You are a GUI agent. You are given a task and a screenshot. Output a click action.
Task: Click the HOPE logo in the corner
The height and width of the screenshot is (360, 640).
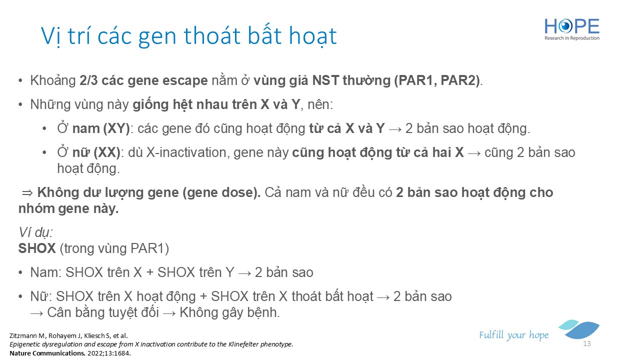571,29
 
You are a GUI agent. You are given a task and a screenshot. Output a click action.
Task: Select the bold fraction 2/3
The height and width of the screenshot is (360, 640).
88,80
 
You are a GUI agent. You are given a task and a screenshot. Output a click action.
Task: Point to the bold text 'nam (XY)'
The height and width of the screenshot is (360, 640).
101,128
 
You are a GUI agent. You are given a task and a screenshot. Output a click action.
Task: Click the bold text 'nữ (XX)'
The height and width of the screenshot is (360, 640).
96,152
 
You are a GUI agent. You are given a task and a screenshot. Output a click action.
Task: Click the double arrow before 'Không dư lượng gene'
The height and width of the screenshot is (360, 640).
27,193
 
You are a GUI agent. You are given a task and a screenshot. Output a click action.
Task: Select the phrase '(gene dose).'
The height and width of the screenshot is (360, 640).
221,193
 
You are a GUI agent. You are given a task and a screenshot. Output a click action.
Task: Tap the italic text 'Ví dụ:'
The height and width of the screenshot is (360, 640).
35,233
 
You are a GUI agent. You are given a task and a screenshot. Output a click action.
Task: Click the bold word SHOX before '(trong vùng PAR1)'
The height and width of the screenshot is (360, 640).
37,248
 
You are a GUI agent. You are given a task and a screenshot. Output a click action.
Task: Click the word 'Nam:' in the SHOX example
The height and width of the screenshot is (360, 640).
46,272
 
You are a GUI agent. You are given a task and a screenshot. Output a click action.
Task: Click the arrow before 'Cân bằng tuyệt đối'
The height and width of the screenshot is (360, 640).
37,313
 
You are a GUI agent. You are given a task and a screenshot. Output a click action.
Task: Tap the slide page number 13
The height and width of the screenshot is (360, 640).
587,343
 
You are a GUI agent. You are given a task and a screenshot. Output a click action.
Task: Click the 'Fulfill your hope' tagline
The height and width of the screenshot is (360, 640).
513,335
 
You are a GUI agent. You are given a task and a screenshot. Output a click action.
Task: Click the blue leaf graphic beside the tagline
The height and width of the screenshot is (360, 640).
579,329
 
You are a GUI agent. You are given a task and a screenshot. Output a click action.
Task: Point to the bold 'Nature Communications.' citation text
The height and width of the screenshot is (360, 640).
47,353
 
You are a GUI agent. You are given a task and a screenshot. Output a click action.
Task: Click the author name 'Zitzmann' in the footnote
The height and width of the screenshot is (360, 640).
22,335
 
